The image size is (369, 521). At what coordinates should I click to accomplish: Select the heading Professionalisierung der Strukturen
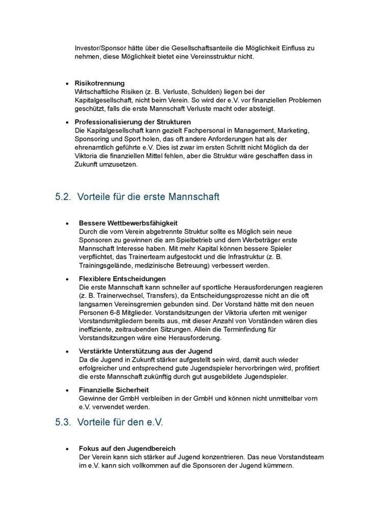(x=133, y=122)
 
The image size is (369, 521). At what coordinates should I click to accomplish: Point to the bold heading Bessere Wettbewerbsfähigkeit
(x=128, y=223)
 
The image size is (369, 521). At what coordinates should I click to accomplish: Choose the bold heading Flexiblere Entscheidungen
(x=122, y=279)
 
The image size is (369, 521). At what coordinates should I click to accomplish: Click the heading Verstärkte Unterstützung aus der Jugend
(x=146, y=351)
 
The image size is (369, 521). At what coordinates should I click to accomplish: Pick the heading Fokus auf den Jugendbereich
(x=127, y=449)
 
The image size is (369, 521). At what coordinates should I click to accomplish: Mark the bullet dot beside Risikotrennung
(x=67, y=83)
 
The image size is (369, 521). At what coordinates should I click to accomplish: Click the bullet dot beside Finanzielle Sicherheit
(x=67, y=390)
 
